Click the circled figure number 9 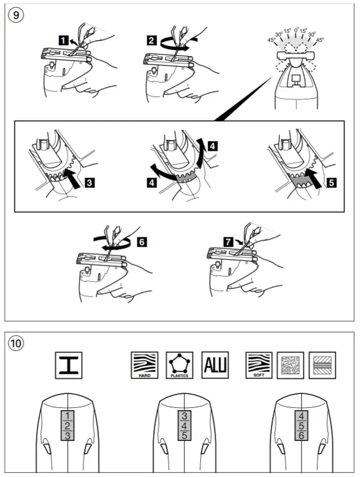click(x=16, y=15)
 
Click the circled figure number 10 click(x=16, y=343)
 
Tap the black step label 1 click(x=63, y=41)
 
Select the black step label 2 click(x=152, y=41)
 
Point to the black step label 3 click(x=89, y=183)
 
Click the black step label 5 click(x=332, y=183)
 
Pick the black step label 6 click(x=141, y=242)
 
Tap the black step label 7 click(x=228, y=242)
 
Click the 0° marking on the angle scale click(x=296, y=30)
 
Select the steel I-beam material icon click(x=68, y=366)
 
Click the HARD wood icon click(x=144, y=366)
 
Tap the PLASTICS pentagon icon click(x=180, y=366)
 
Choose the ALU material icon click(x=215, y=365)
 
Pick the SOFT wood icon click(x=259, y=365)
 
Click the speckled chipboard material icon click(x=290, y=366)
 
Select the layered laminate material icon click(x=322, y=366)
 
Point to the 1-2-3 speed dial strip click(x=67, y=425)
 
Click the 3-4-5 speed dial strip click(x=184, y=425)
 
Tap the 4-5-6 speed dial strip click(x=301, y=425)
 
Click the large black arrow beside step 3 click(x=72, y=178)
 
